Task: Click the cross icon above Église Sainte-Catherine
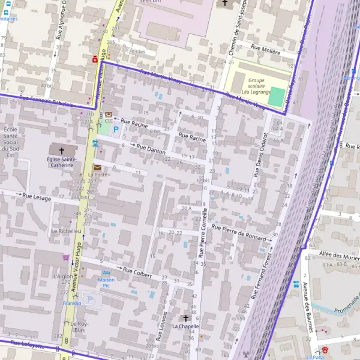point(61,149)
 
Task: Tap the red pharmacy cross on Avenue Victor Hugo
point(94,60)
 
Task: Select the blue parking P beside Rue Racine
point(116,128)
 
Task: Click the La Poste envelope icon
point(98,167)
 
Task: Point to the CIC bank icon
point(108,115)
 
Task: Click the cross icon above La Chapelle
point(185,318)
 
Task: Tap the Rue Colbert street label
point(137,272)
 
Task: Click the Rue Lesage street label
point(37,196)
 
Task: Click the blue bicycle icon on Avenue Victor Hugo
point(95,143)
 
